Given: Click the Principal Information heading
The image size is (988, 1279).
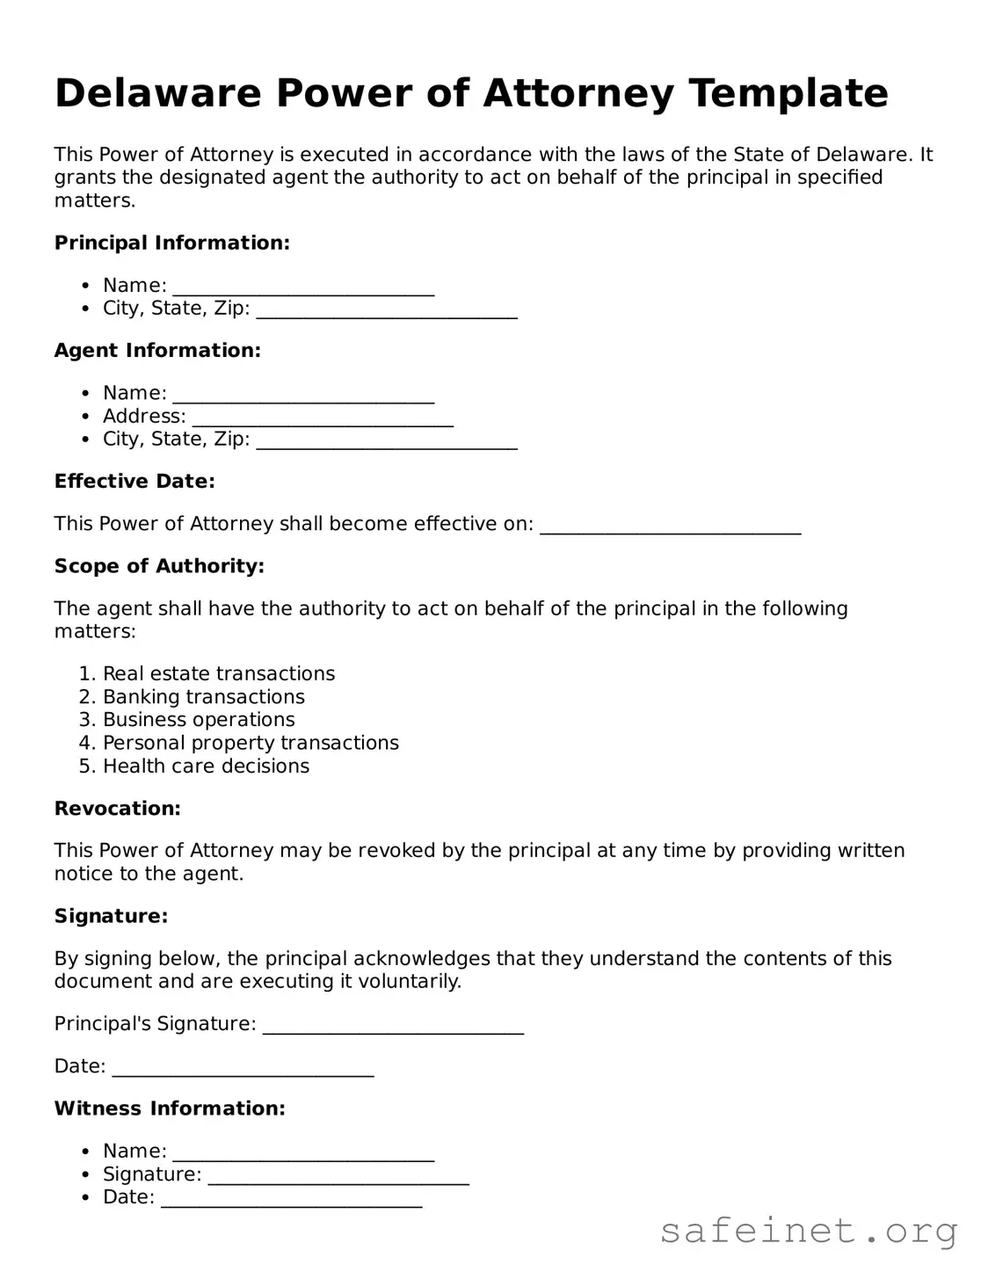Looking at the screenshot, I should [171, 243].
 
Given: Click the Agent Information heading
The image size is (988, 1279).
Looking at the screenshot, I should [157, 351].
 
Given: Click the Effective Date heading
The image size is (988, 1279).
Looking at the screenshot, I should [134, 482].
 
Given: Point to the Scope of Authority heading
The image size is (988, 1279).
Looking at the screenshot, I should [159, 566].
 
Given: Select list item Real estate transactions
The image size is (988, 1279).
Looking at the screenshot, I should [219, 674].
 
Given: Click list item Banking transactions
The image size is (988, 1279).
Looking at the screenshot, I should [204, 697].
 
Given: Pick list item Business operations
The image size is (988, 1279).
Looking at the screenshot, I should [199, 720].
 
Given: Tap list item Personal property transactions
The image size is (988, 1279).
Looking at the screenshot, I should [251, 743].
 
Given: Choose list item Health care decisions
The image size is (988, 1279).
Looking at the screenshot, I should [206, 767].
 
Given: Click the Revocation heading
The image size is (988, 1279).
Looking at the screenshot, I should [117, 809].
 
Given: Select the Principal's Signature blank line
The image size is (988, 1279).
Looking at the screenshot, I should [393, 1027].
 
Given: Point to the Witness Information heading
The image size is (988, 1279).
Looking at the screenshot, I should [170, 1108].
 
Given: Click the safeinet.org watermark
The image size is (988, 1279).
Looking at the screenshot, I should [808, 1231].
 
